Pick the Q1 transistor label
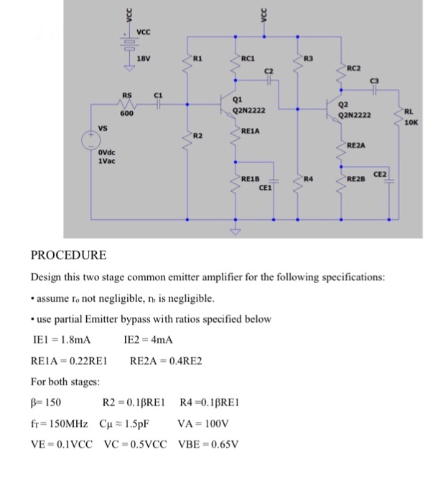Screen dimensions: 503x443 pyautogui.click(x=238, y=100)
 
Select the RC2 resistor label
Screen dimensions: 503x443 pyautogui.click(x=354, y=68)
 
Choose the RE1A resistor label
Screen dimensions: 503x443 pyautogui.click(x=251, y=131)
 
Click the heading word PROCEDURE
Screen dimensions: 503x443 pyautogui.click(x=69, y=255)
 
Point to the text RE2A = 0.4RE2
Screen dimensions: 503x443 pyautogui.click(x=166, y=360)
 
